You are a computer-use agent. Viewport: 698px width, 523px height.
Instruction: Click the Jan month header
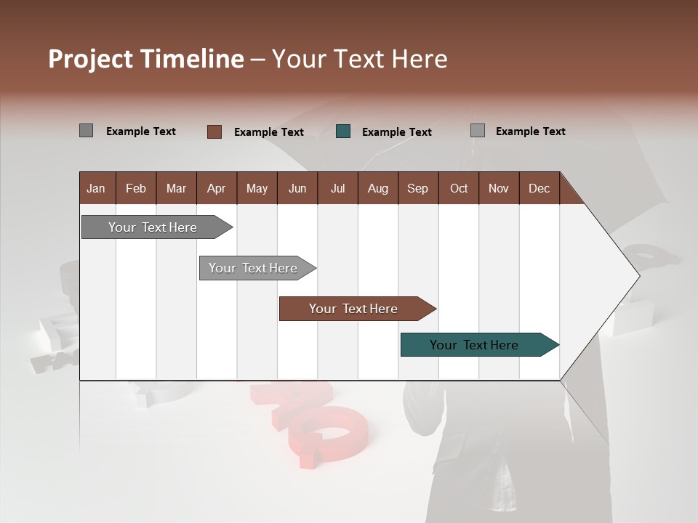coord(96,188)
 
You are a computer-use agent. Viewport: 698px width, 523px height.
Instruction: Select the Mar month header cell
coord(176,188)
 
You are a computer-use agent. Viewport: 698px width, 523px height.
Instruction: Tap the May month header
coord(257,188)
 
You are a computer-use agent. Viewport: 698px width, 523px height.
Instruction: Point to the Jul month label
coord(337,188)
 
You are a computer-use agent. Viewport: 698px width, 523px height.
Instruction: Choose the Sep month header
coord(417,188)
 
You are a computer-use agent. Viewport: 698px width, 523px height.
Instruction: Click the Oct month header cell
coord(459,188)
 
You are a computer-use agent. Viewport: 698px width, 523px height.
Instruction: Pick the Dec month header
coord(539,188)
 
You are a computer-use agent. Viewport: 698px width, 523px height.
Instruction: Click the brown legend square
coord(214,131)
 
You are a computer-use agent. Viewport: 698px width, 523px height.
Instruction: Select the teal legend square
coord(343,131)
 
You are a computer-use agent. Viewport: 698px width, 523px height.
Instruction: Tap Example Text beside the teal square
coord(396,132)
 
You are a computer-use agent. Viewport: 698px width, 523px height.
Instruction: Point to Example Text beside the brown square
coord(268,132)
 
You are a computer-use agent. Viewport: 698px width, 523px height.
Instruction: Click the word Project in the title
coord(90,59)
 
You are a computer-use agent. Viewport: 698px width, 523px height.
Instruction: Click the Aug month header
coord(377,188)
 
